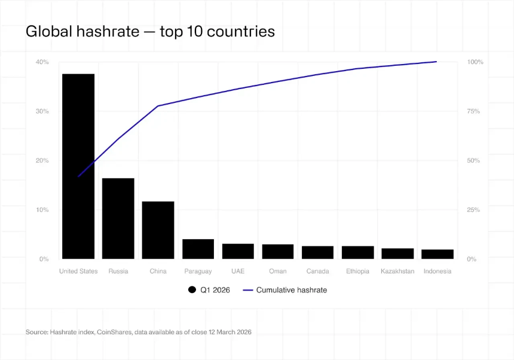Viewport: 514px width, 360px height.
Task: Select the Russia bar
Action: pyautogui.click(x=118, y=218)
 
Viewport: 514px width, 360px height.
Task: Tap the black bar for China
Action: pyautogui.click(x=158, y=230)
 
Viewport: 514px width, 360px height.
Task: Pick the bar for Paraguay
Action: pyautogui.click(x=198, y=249)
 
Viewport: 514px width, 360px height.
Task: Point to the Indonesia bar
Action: pyautogui.click(x=437, y=254)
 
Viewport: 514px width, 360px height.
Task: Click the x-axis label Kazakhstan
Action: pyautogui.click(x=397, y=271)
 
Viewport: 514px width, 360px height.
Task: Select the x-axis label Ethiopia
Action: pyautogui.click(x=357, y=271)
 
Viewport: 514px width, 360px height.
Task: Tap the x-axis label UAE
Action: pyautogui.click(x=238, y=271)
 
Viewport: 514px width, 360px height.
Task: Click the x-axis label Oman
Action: pyautogui.click(x=277, y=271)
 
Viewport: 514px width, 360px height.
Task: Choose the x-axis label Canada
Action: pyautogui.click(x=317, y=271)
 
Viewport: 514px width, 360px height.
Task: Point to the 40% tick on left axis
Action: pyautogui.click(x=42, y=62)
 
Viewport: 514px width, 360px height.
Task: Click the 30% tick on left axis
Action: pyautogui.click(x=42, y=112)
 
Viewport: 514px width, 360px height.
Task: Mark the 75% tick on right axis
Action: pyautogui.click(x=473, y=112)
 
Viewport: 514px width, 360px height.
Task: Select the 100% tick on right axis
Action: pyautogui.click(x=475, y=62)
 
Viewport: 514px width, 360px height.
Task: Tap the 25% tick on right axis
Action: pyautogui.click(x=473, y=210)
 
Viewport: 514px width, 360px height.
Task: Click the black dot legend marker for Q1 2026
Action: pyautogui.click(x=192, y=290)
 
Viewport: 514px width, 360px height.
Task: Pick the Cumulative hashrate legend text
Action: pyautogui.click(x=291, y=290)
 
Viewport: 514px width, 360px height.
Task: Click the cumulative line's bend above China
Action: pyautogui.click(x=158, y=106)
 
